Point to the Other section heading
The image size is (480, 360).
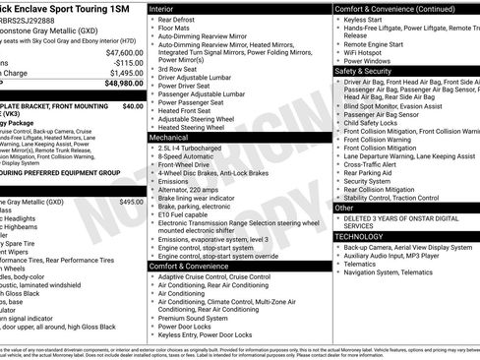(344, 209)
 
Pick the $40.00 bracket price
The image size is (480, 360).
(133, 105)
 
